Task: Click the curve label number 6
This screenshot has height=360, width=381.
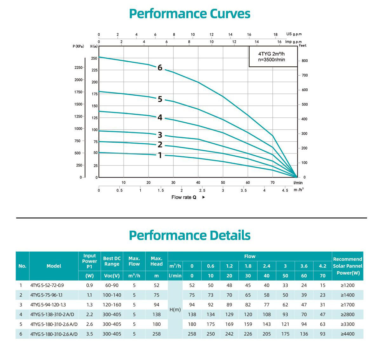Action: coord(160,68)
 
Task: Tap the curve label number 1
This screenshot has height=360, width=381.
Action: coord(160,155)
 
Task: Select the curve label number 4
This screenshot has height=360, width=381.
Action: coord(160,118)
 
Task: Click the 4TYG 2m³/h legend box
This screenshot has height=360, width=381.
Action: coord(273,57)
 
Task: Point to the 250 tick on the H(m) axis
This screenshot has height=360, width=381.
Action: coord(94,58)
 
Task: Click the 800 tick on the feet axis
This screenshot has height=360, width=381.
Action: coord(304,61)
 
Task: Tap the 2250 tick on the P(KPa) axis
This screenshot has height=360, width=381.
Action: coord(78,68)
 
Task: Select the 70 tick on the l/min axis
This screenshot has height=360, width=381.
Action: coord(272,182)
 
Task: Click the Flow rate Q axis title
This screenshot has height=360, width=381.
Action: coord(184,197)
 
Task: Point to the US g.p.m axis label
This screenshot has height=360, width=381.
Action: coord(294,34)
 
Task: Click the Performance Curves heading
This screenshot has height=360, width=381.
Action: coord(190,14)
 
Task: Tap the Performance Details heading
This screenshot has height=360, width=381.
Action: coord(190,235)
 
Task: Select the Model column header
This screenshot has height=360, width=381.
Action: coord(54,266)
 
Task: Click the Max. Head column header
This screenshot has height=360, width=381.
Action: coord(157,261)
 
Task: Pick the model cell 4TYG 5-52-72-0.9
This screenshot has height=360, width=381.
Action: coord(47,285)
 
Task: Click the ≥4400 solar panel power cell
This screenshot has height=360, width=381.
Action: coord(347,334)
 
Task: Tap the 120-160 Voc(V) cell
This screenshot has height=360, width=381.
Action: coord(112,305)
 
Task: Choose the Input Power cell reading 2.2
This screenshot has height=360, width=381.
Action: coord(90,315)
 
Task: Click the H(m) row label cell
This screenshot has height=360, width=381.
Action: coord(175,309)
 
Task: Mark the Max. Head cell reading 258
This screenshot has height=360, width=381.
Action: coord(157,334)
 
